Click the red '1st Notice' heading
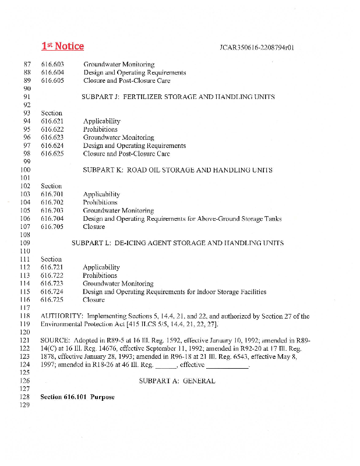(x=62, y=46)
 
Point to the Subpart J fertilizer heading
(x=178, y=97)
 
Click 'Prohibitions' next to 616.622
(x=100, y=129)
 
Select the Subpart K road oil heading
(x=178, y=170)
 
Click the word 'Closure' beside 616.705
(x=94, y=227)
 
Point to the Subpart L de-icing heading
(x=178, y=243)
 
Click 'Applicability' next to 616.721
(x=101, y=267)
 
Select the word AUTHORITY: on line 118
(x=62, y=316)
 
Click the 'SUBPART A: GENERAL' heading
(x=177, y=381)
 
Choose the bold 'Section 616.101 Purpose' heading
(x=77, y=397)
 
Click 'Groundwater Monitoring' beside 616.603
(x=119, y=64)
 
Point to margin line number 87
(x=26, y=64)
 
